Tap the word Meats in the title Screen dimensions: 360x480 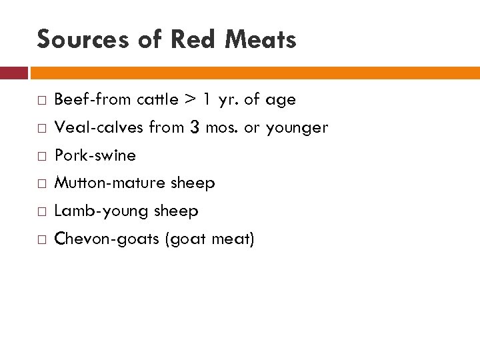pos(261,40)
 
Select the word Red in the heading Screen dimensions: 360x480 pos(194,40)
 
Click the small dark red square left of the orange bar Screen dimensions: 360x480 pos(13,73)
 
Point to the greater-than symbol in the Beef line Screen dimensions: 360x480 pos(190,100)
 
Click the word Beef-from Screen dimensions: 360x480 pos(93,100)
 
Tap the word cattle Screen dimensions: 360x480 pos(157,100)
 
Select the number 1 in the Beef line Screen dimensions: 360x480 pos(208,100)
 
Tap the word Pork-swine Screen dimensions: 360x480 pos(95,156)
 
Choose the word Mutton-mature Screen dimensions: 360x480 pos(110,183)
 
